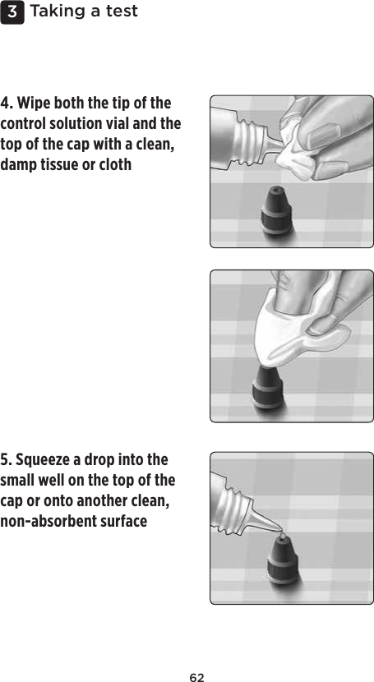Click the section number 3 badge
pos(13,12)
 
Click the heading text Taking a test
pos(83,12)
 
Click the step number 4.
pos(7,104)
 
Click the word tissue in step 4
pos(70,164)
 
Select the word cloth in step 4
pos(115,164)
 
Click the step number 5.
pos(7,459)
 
